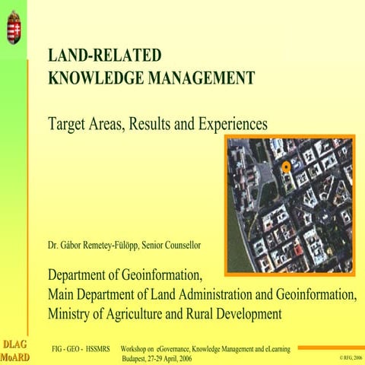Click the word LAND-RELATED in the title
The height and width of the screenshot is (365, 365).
click(104, 56)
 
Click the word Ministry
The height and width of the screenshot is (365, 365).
click(70, 313)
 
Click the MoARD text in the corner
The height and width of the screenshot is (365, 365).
click(14, 357)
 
